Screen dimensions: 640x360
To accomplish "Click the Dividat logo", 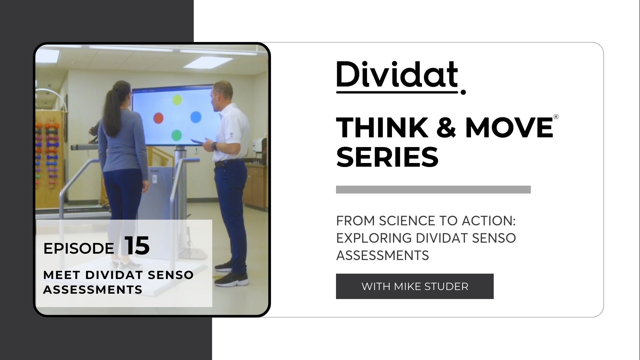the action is point(401,77).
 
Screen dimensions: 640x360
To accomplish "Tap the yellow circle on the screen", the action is point(177,99).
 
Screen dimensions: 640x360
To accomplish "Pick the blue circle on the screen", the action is point(196,117).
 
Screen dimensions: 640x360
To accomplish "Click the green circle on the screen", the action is point(176,135).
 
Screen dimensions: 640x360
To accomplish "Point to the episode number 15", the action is point(137,246).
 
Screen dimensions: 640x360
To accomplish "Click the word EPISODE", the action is point(79,248).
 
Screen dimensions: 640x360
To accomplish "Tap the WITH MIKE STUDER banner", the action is point(415,286).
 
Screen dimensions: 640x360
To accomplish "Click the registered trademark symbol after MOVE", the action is point(556,117).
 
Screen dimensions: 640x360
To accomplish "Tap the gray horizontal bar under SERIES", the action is point(433,190).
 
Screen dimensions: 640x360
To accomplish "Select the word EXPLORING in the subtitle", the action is point(374,238).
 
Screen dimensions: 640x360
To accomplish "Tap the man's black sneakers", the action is point(230,273).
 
